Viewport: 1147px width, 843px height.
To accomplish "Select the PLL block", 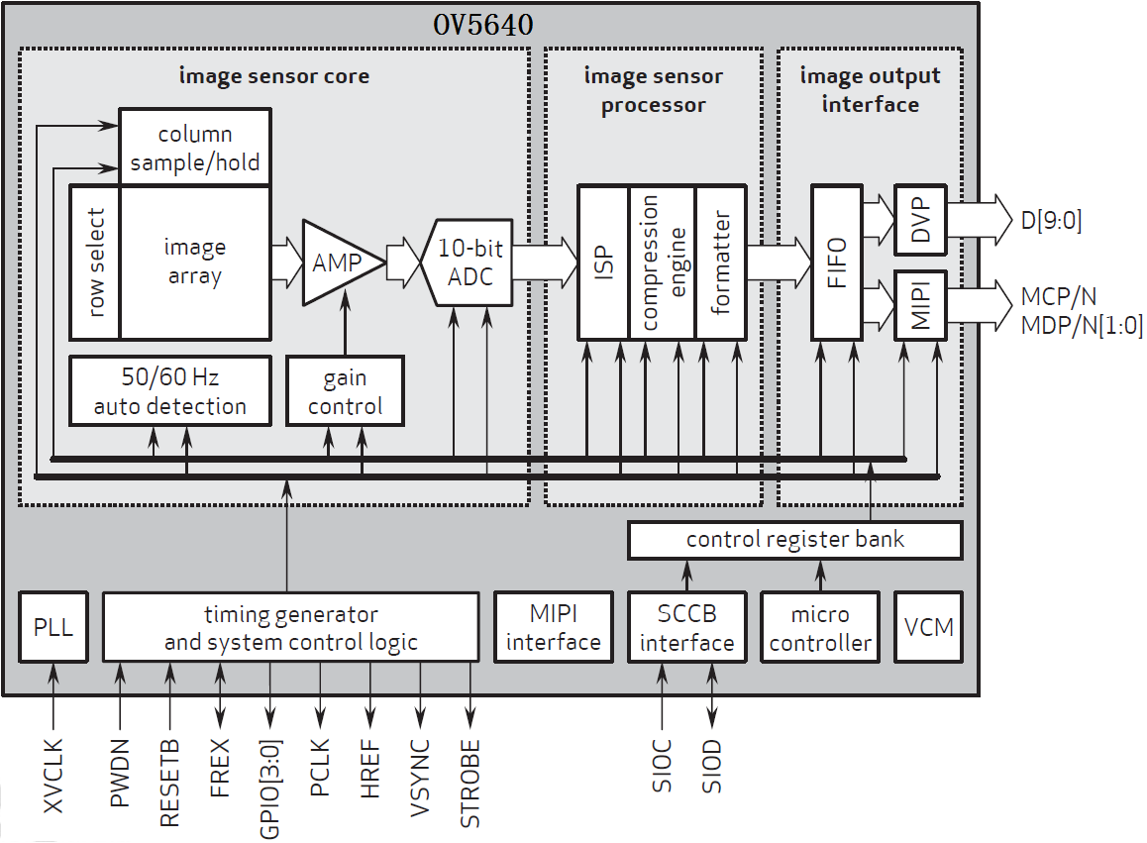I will [x=53, y=628].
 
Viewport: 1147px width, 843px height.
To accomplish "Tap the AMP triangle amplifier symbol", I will [x=337, y=263].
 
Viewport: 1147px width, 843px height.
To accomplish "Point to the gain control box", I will [x=345, y=391].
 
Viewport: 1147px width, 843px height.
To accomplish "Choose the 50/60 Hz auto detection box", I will [x=170, y=391].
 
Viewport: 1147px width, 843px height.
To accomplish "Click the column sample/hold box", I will [x=194, y=147].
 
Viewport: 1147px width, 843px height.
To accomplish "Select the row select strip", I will [x=96, y=263].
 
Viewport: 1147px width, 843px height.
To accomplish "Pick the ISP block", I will [x=603, y=262].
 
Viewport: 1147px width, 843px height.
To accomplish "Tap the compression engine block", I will [x=662, y=262].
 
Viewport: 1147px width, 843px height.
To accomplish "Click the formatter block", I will [x=720, y=262].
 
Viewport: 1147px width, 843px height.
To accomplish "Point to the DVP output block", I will [x=921, y=219].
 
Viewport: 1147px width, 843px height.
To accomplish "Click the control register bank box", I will [x=794, y=540].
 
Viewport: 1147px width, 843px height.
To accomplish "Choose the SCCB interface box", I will [x=686, y=628].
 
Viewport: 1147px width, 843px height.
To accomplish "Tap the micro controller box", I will [x=820, y=628].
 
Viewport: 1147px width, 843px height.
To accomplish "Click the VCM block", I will [x=928, y=628].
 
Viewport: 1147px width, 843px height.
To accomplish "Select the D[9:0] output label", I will [x=1050, y=220].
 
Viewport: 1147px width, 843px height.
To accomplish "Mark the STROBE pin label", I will [x=470, y=784].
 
